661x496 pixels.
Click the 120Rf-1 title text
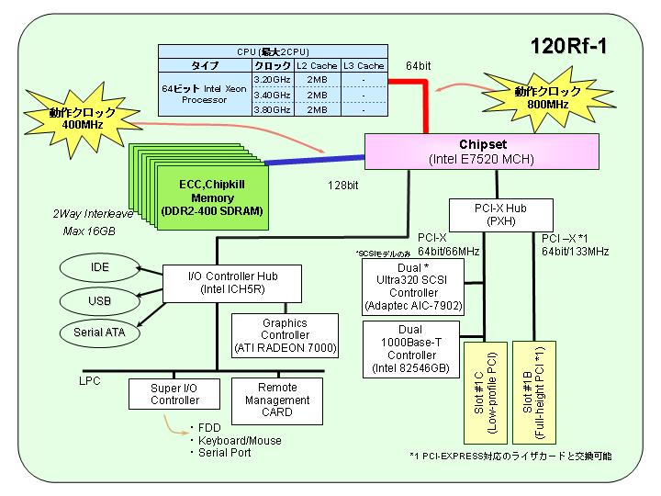pyautogui.click(x=568, y=46)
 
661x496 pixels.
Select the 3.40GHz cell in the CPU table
pyautogui.click(x=273, y=95)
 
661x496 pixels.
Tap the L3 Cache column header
pyautogui.click(x=364, y=66)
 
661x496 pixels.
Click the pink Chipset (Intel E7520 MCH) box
pyautogui.click(x=482, y=152)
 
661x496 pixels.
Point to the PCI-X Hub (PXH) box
pyautogui.click(x=501, y=215)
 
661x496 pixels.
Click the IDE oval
pyautogui.click(x=100, y=267)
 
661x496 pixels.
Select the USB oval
pyautogui.click(x=100, y=301)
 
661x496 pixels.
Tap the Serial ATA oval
pyautogui.click(x=100, y=333)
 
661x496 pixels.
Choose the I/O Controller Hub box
pyautogui.click(x=232, y=284)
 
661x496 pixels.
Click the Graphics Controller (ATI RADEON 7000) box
pyautogui.click(x=285, y=336)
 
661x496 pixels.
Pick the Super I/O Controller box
pyautogui.click(x=174, y=394)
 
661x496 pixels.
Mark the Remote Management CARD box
pyautogui.click(x=277, y=400)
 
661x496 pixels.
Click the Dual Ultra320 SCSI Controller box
pyautogui.click(x=413, y=287)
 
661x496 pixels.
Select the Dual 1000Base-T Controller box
pyautogui.click(x=411, y=349)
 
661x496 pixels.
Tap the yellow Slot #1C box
pyautogui.click(x=486, y=393)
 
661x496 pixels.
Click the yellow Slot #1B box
pyautogui.click(x=534, y=393)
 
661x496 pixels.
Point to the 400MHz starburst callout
pyautogui.click(x=82, y=118)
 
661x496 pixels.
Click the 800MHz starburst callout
pyautogui.click(x=548, y=98)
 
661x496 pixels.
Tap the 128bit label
pyautogui.click(x=343, y=186)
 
